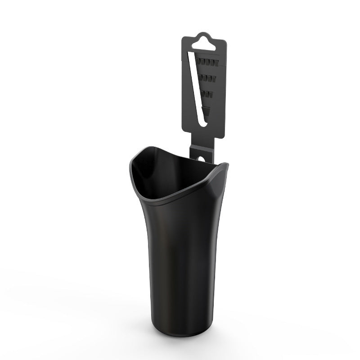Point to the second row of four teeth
(209, 79)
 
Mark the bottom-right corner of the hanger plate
(225, 136)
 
